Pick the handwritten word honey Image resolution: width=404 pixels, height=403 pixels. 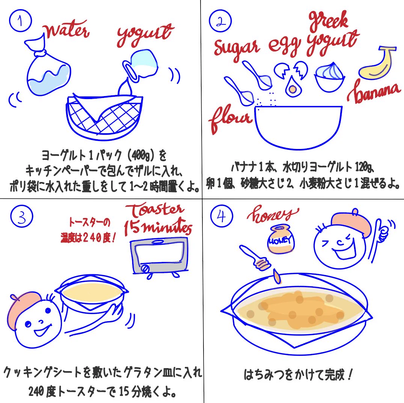(274, 215)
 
